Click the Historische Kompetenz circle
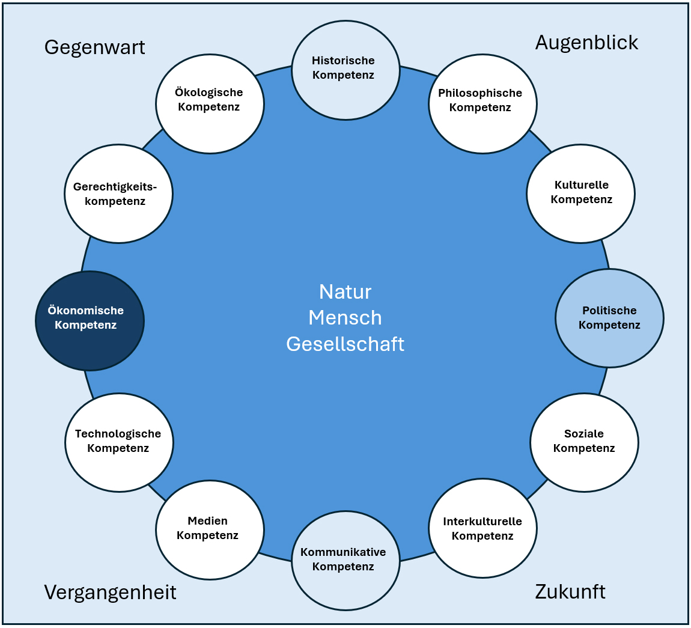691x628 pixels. [345, 70]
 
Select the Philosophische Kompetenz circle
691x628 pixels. [482, 103]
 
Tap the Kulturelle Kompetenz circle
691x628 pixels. [580, 194]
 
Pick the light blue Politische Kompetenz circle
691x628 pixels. [609, 318]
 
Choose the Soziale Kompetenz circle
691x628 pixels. [584, 442]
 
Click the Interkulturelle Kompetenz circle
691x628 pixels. [482, 528]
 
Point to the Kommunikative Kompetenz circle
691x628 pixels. [345, 560]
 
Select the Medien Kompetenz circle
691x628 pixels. [210, 529]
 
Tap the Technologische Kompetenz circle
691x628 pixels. [119, 442]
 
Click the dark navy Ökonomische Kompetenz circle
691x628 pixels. [90, 320]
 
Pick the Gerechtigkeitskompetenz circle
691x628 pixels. [118, 194]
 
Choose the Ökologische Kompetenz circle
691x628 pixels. [210, 103]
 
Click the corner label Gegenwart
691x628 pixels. [95, 47]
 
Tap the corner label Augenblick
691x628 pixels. [586, 42]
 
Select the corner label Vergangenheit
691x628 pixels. [110, 593]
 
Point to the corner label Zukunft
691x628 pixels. [570, 592]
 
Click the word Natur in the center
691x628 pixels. [345, 292]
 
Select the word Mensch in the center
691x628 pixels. [345, 318]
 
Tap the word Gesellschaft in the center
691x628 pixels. [345, 344]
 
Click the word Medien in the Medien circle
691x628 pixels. [207, 521]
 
